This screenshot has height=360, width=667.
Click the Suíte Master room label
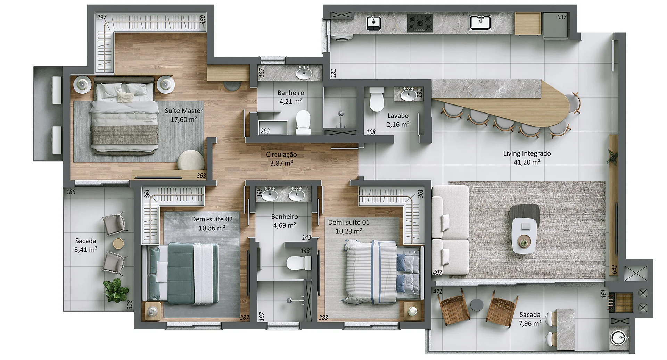point(183,111)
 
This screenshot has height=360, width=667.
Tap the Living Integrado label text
point(527,153)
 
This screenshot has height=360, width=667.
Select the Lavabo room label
point(398,116)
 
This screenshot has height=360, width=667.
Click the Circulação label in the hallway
point(281,154)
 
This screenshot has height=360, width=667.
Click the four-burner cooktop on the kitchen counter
point(420,23)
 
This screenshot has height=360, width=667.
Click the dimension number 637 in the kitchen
point(561,17)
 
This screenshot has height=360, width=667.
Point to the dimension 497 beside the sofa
point(437,273)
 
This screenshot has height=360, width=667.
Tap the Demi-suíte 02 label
point(212,219)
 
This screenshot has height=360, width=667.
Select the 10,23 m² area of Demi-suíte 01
point(348,231)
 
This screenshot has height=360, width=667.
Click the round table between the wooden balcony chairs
point(477,304)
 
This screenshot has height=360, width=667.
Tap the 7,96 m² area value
point(530,324)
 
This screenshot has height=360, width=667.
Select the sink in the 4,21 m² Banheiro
point(304,73)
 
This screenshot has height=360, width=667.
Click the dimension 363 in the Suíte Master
point(201,176)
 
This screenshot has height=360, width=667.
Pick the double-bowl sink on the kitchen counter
point(480,22)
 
